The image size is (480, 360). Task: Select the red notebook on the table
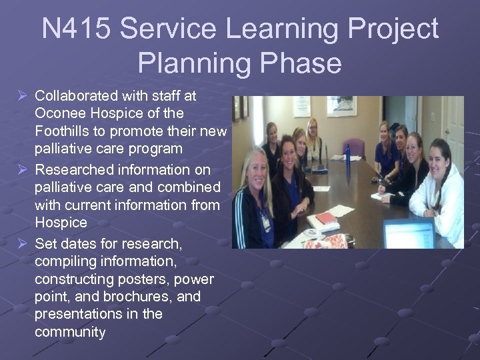326,218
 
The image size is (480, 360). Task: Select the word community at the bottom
70,331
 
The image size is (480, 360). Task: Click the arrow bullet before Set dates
21,244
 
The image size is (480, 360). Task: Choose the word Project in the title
386,29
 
